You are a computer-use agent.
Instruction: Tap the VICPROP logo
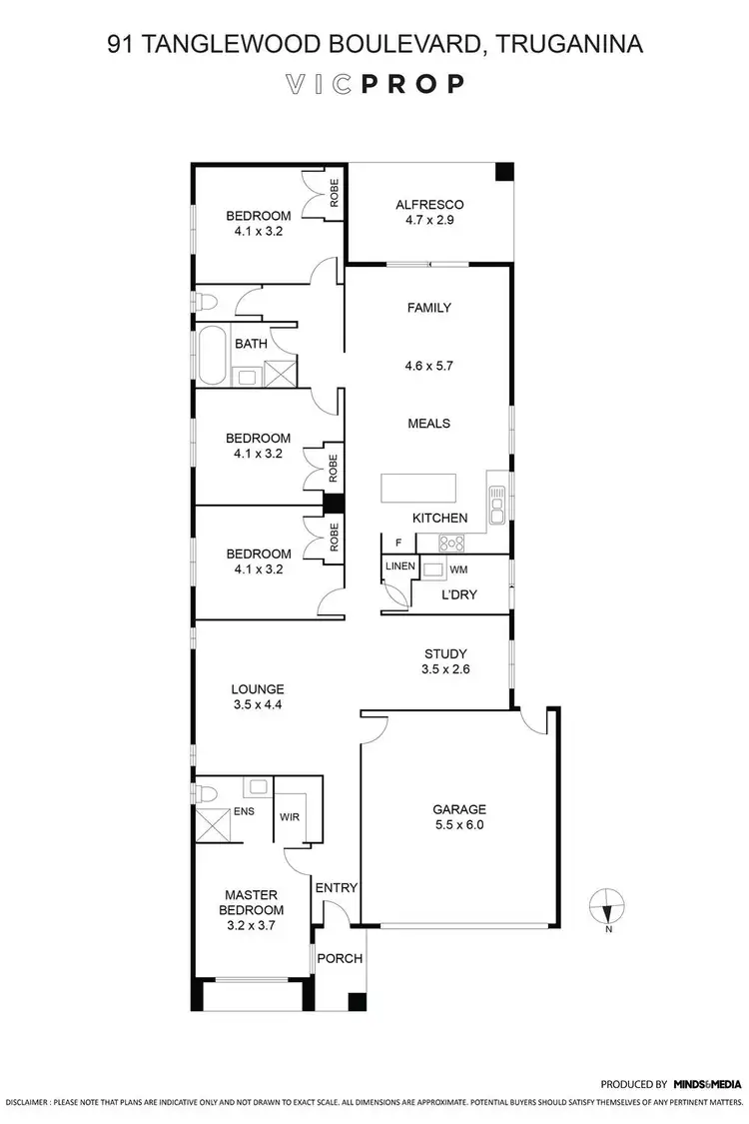[374, 84]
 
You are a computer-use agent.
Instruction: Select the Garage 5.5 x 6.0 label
[458, 817]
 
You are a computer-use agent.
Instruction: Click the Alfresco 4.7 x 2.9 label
[429, 213]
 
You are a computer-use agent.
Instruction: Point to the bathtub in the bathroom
[213, 355]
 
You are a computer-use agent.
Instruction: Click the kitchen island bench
[417, 490]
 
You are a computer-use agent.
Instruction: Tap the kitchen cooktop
[452, 542]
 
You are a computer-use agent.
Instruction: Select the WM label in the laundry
[458, 568]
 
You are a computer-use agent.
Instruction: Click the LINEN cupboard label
[400, 565]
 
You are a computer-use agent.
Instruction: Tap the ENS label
[244, 811]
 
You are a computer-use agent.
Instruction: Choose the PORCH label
[339, 958]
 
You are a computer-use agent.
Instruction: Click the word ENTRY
[336, 887]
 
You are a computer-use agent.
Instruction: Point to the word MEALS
[429, 423]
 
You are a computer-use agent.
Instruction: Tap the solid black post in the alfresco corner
[505, 171]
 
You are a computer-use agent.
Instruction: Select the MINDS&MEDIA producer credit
[707, 1083]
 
